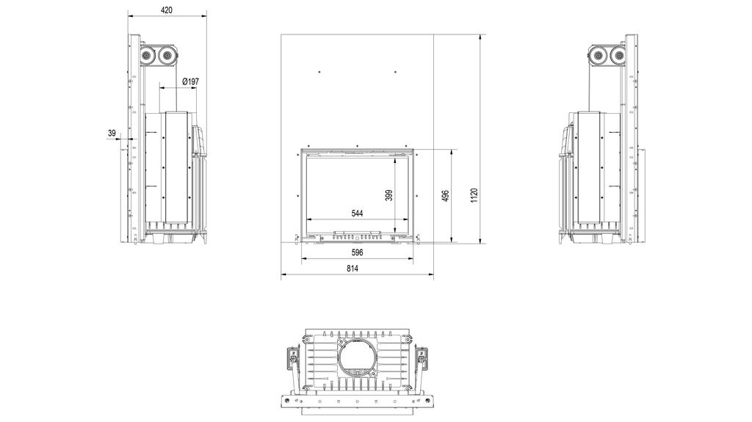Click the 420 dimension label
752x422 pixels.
(167, 10)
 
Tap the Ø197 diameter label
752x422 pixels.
(189, 82)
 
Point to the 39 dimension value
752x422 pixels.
(112, 134)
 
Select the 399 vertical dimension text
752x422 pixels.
(389, 195)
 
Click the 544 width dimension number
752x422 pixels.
(357, 214)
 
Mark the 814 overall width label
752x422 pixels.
(352, 270)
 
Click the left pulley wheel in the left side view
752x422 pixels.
(147, 55)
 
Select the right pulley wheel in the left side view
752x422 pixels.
(167, 55)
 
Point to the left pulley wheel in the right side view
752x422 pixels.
(599, 55)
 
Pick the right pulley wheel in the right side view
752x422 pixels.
(620, 55)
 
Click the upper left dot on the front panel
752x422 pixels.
(319, 71)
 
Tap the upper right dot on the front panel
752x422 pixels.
(395, 71)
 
